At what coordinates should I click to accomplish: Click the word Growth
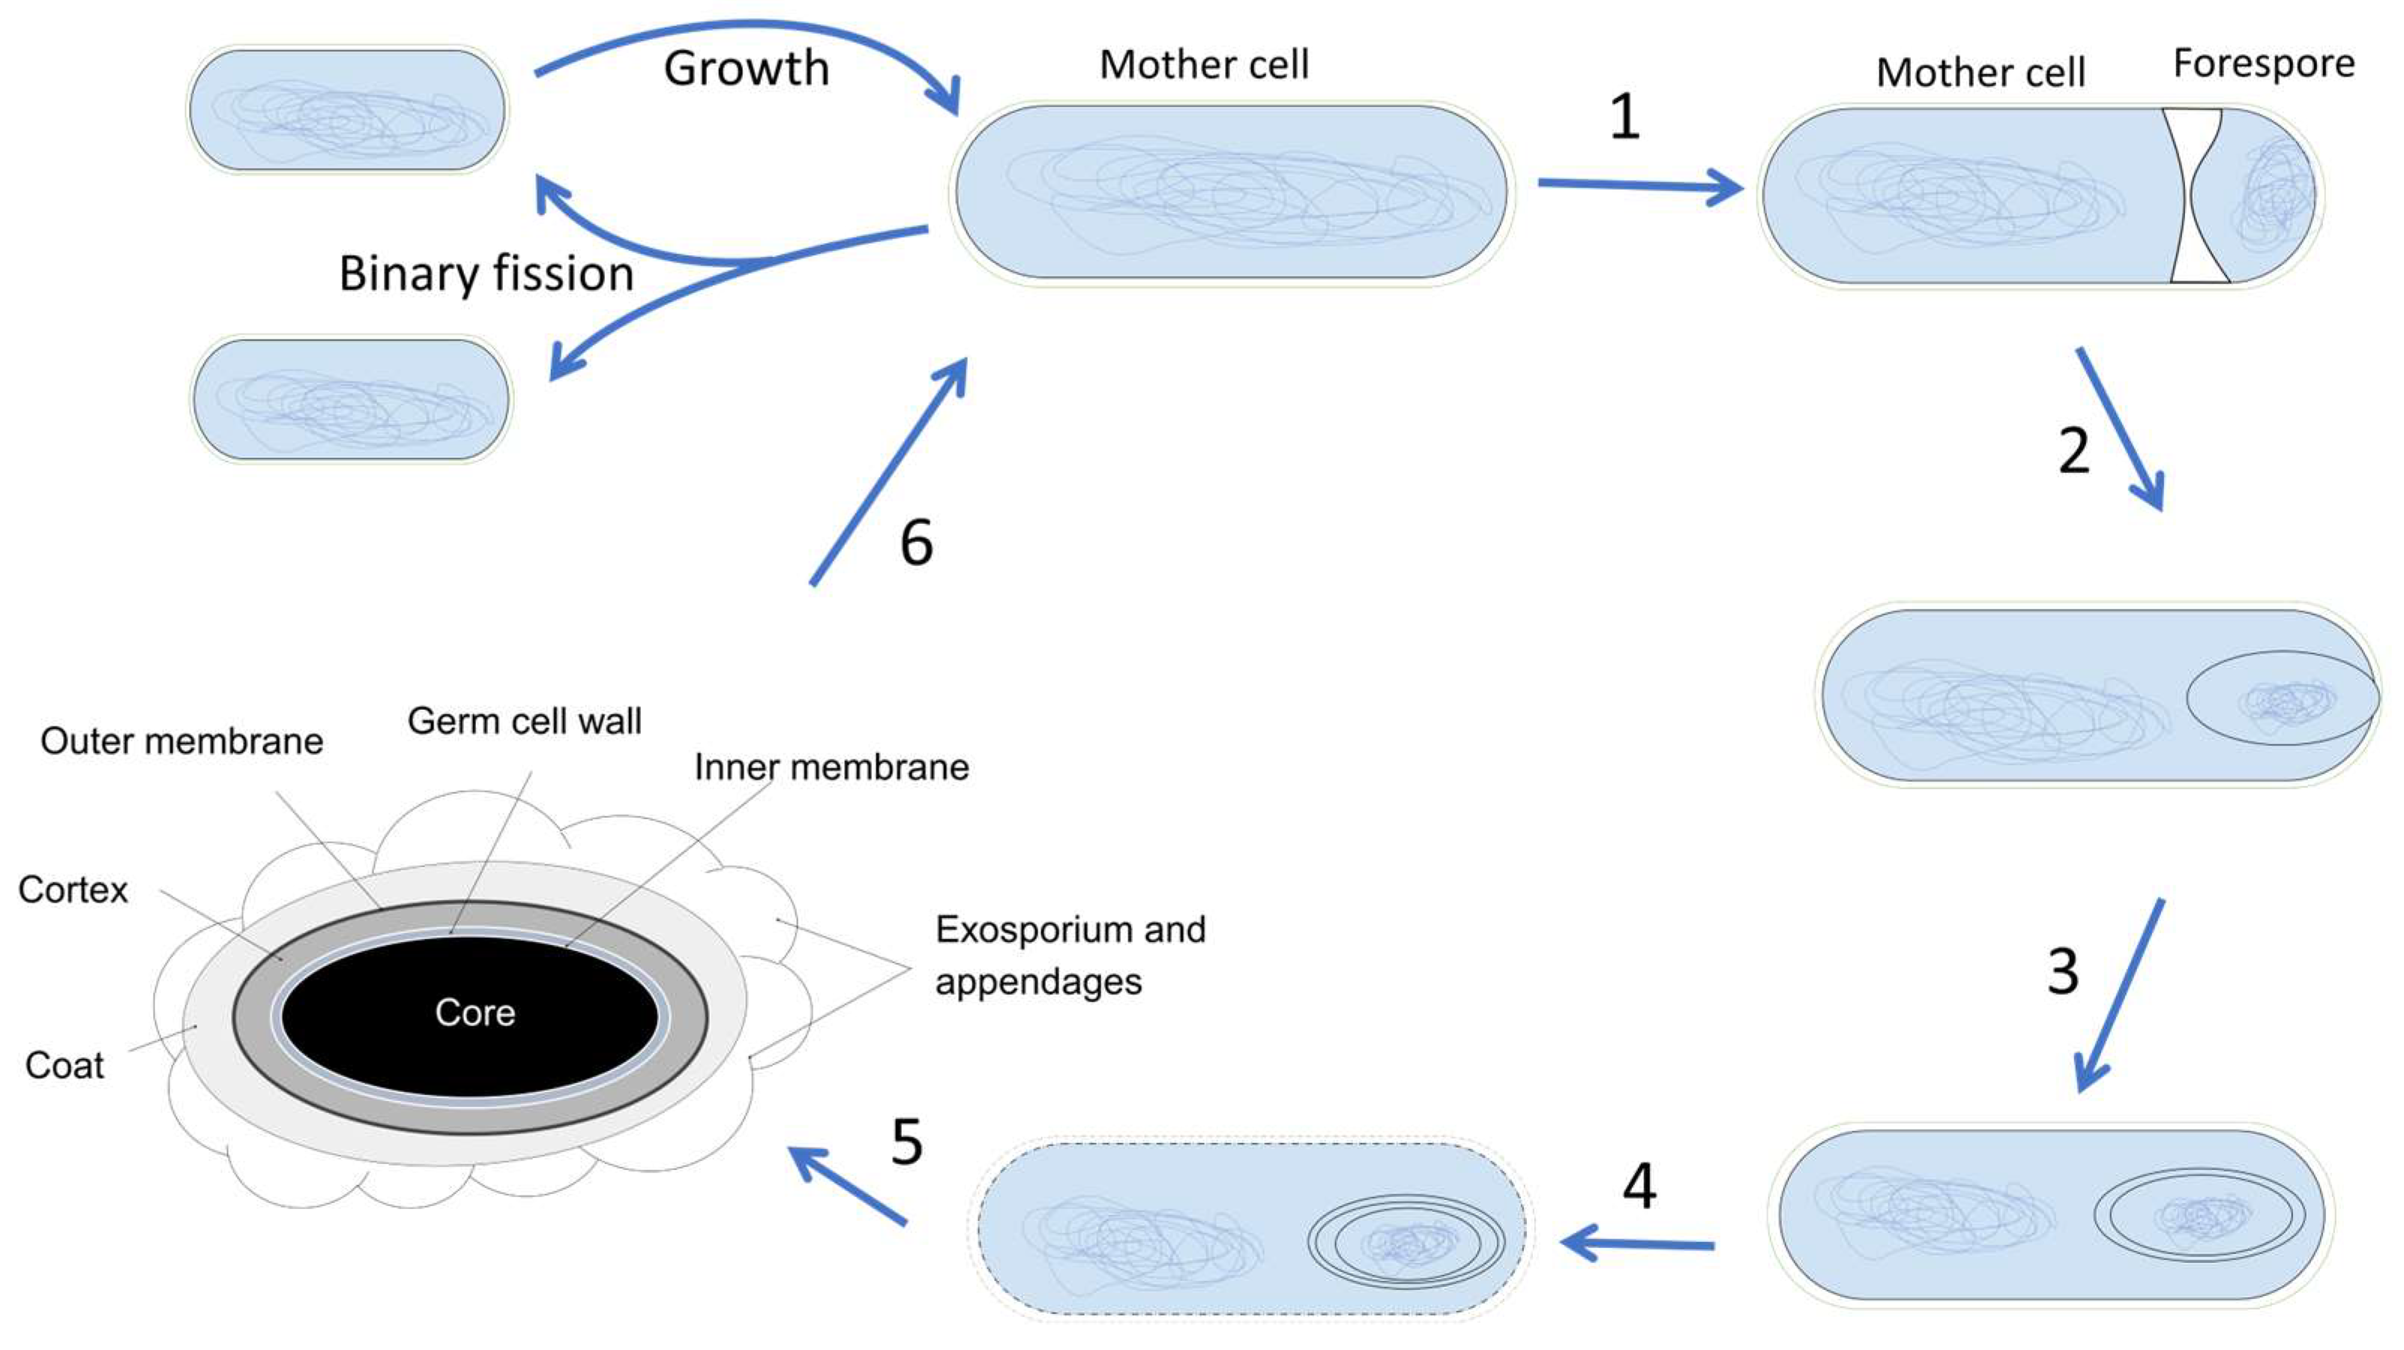click(x=747, y=69)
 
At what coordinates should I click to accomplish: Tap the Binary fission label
click(x=486, y=274)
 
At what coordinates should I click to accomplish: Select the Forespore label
click(x=2263, y=64)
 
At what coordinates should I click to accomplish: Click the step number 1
click(x=1624, y=118)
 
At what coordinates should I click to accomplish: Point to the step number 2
click(x=2073, y=451)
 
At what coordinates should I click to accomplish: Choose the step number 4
click(x=1639, y=1187)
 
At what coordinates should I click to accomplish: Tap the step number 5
click(x=907, y=1141)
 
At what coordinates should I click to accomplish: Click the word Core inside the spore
click(x=475, y=1012)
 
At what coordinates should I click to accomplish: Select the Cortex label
click(x=73, y=890)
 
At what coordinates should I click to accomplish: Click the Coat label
click(x=64, y=1065)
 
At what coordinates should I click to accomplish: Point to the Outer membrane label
click(x=182, y=741)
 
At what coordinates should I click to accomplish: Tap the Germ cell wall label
click(x=525, y=721)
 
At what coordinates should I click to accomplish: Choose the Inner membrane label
click(x=831, y=767)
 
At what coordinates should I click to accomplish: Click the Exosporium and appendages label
click(x=1070, y=956)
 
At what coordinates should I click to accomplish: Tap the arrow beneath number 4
click(x=1637, y=1244)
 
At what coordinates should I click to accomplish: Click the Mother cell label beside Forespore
click(x=1980, y=73)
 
